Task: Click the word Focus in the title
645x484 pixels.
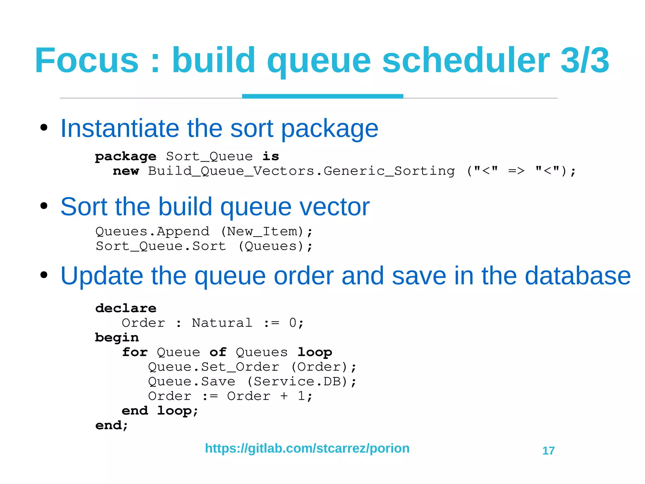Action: pos(87,60)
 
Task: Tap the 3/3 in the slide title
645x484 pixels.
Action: pos(585,60)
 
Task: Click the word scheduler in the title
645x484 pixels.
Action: pos(466,60)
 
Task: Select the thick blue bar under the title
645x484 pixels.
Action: pos(322,96)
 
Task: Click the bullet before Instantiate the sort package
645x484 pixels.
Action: pos(44,128)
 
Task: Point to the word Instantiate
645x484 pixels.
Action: pos(120,128)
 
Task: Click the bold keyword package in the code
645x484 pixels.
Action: pos(126,157)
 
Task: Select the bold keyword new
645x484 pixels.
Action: pos(126,171)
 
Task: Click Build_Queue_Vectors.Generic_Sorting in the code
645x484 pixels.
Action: pos(301,171)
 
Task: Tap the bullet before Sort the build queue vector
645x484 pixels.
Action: pos(44,206)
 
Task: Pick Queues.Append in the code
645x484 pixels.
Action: pos(152,231)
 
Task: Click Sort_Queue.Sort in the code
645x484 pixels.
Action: pos(161,246)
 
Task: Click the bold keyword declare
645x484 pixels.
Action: pos(126,308)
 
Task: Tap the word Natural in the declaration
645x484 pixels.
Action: pos(222,323)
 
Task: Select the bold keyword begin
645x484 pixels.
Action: pos(117,338)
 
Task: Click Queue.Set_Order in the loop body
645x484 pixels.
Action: pos(214,367)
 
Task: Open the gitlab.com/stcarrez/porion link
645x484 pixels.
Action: pos(307,448)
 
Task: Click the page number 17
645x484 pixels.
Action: pos(548,451)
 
